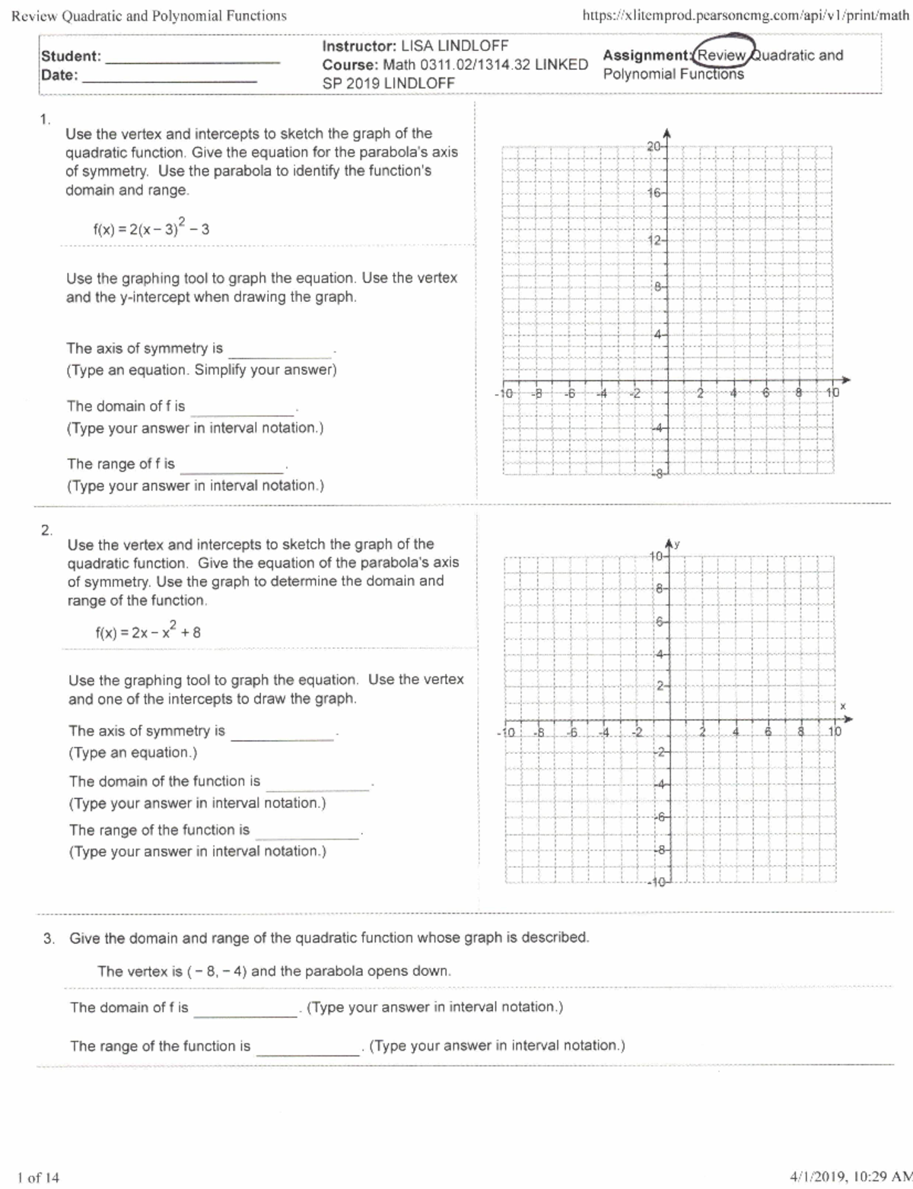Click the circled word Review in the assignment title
tap(722, 55)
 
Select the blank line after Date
tap(169, 78)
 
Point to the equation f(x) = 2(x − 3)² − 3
tap(151, 228)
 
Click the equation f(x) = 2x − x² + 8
tap(148, 631)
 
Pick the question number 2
tap(46, 530)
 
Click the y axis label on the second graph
tap(676, 543)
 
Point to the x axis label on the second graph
tap(843, 706)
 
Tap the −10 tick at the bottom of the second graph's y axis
tap(657, 882)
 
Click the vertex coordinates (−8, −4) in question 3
tap(217, 971)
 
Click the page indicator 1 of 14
tap(38, 1178)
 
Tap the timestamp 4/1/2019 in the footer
tap(819, 1177)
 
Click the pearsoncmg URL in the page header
tap(745, 15)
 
